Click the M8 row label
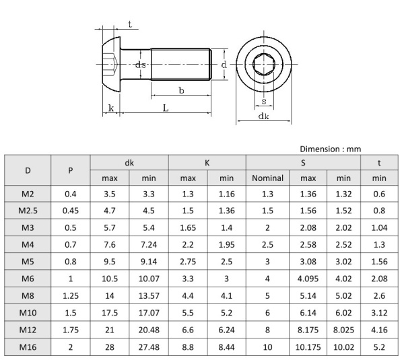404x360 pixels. [x=28, y=295]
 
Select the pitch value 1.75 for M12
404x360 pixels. [x=71, y=330]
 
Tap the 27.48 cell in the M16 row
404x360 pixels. [x=149, y=347]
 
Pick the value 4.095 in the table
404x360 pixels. [x=308, y=279]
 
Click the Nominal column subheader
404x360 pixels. [x=267, y=178]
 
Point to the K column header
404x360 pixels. [x=207, y=163]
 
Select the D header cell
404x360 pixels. [x=28, y=170]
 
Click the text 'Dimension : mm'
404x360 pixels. [x=331, y=149]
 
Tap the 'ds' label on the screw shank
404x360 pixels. [x=141, y=65]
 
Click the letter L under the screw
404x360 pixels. [x=166, y=108]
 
